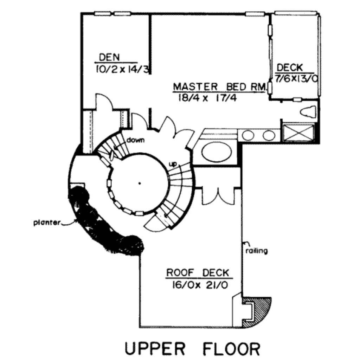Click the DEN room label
coord(109,57)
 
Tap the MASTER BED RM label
coord(219,86)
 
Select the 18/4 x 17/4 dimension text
coord(206,98)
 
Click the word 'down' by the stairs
coord(136,141)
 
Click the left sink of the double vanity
coord(249,135)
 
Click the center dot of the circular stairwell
coord(140,183)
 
